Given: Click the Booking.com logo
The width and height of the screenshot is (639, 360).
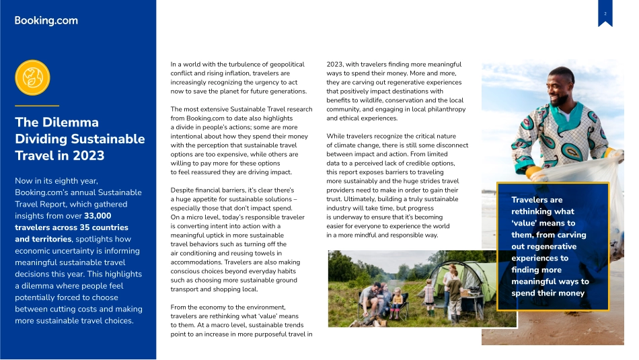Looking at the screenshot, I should click(46, 20).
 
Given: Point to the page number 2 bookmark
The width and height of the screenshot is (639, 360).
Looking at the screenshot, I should click(605, 15).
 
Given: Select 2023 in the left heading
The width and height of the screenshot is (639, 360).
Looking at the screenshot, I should click(89, 155).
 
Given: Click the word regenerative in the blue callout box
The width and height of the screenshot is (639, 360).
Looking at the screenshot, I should click(543, 246).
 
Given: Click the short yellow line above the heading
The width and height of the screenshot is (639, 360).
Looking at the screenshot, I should click(37, 106).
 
